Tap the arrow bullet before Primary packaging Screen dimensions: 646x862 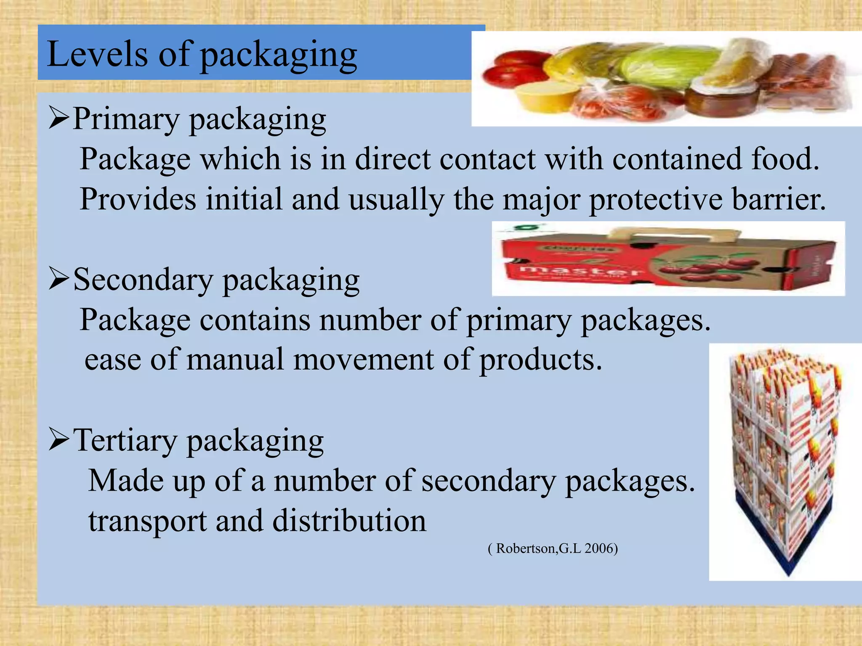coord(59,118)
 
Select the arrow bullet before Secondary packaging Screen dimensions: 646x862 coord(59,279)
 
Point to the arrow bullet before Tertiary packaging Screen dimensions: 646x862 coord(59,440)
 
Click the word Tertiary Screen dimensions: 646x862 coord(125,440)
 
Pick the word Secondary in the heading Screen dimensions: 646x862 coord(143,280)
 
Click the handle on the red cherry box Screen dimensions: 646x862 coord(673,234)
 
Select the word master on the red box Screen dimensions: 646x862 coord(581,271)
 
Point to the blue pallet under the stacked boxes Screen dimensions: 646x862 coord(787,547)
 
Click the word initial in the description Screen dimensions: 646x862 coord(244,199)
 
